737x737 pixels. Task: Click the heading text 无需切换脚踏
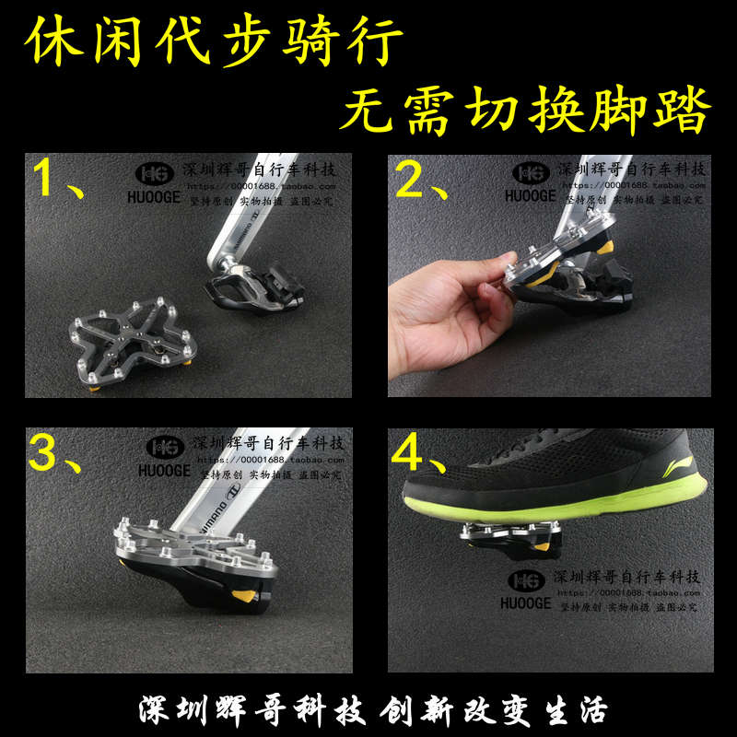(x=525, y=113)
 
